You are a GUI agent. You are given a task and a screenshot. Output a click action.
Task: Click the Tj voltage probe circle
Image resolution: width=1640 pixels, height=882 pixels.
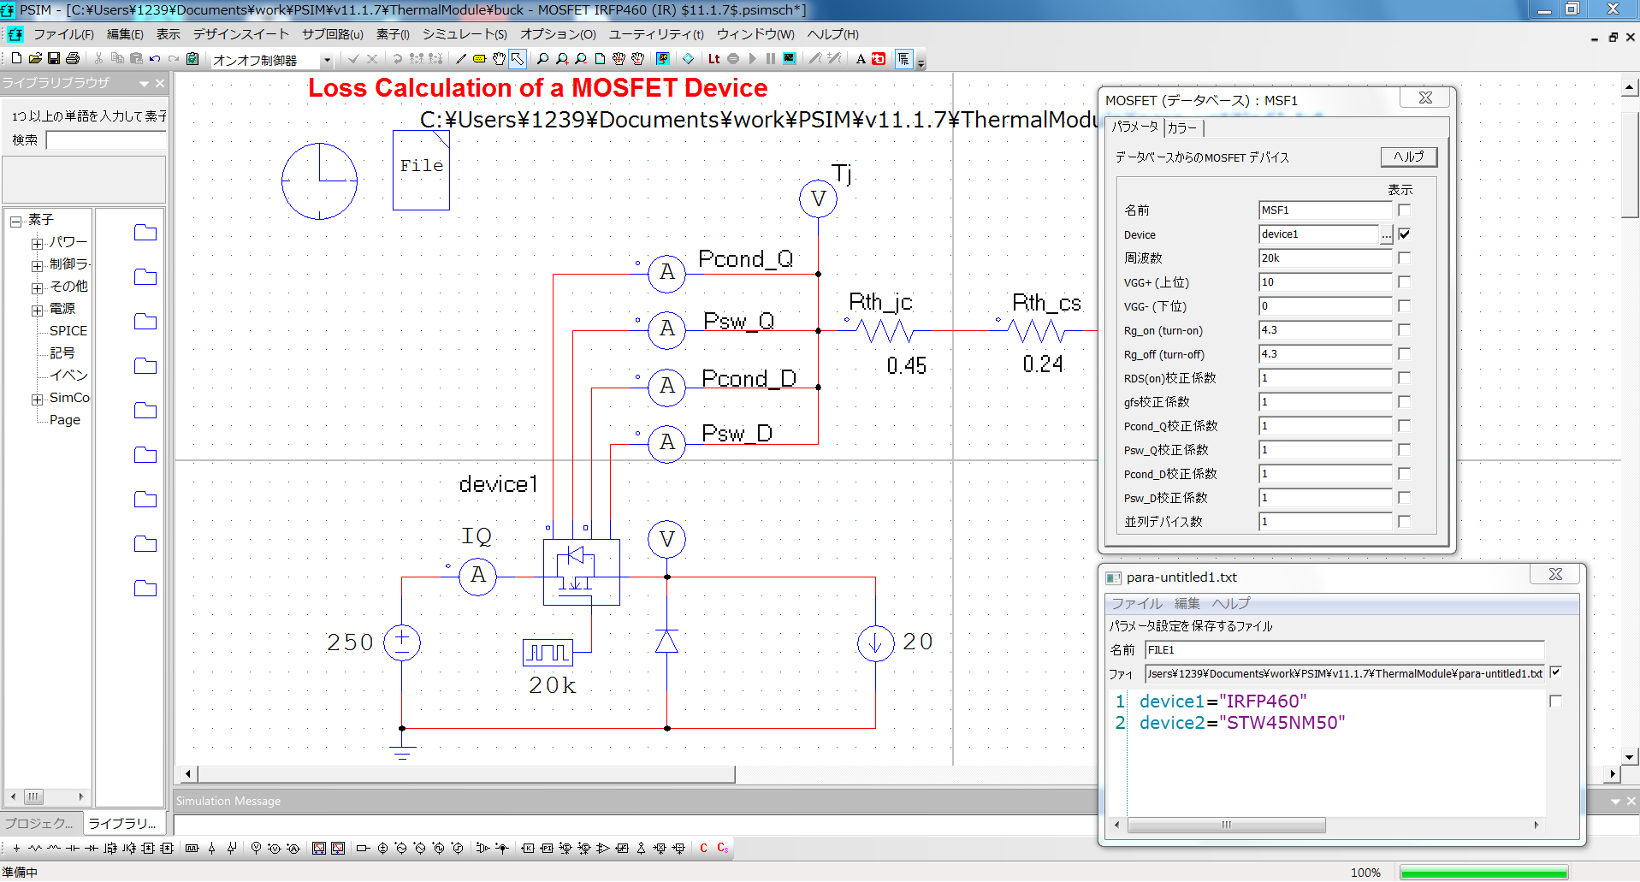[x=818, y=199]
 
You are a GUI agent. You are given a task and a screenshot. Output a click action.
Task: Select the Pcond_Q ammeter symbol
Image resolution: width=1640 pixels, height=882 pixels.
[x=666, y=273]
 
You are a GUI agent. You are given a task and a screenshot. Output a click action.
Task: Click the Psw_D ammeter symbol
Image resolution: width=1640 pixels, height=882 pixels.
[x=666, y=443]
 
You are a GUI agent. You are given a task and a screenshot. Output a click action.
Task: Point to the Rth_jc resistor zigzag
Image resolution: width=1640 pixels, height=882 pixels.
[x=884, y=330]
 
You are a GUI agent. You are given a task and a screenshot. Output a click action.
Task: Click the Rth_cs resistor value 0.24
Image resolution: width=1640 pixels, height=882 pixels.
[x=1042, y=364]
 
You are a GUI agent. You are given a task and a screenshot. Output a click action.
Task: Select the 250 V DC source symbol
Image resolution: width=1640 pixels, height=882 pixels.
[x=401, y=642]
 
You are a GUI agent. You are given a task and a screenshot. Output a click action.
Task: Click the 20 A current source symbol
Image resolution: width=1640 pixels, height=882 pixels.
[x=875, y=642]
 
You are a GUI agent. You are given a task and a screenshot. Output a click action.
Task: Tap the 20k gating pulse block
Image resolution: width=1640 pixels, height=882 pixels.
[x=548, y=653]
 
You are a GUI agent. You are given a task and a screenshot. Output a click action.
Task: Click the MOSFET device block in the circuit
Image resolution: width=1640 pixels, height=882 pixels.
[x=581, y=571]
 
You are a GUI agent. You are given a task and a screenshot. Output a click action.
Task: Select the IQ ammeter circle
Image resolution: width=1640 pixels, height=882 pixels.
[x=477, y=576]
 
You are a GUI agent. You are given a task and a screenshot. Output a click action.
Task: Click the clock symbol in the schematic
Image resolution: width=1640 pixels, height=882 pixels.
[x=319, y=181]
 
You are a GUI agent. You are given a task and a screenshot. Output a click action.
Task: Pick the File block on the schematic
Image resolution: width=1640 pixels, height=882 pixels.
[x=421, y=169]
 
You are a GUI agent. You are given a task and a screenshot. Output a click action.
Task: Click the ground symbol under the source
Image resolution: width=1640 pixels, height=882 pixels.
[x=401, y=751]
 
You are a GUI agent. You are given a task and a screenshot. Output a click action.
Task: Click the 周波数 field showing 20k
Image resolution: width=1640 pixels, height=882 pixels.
[x=1324, y=258]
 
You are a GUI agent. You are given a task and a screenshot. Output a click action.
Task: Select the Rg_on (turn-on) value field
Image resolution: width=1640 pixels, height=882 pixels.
[x=1324, y=330]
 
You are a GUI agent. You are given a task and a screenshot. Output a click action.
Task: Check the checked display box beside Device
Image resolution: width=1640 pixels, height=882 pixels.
[x=1404, y=234]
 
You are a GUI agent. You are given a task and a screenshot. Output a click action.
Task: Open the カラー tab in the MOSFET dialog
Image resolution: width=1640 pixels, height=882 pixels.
[x=1182, y=128]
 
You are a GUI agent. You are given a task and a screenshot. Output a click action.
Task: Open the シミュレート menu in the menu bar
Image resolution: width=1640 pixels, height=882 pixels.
[x=465, y=34]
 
